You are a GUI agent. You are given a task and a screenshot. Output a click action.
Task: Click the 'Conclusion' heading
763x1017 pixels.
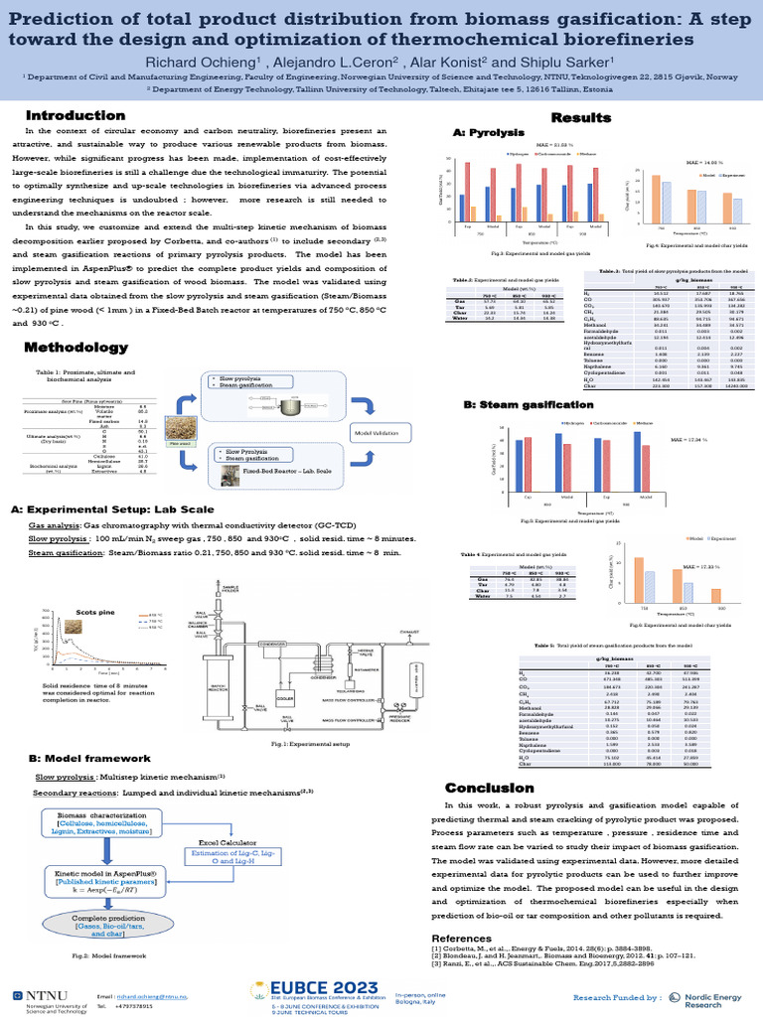[x=494, y=788]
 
